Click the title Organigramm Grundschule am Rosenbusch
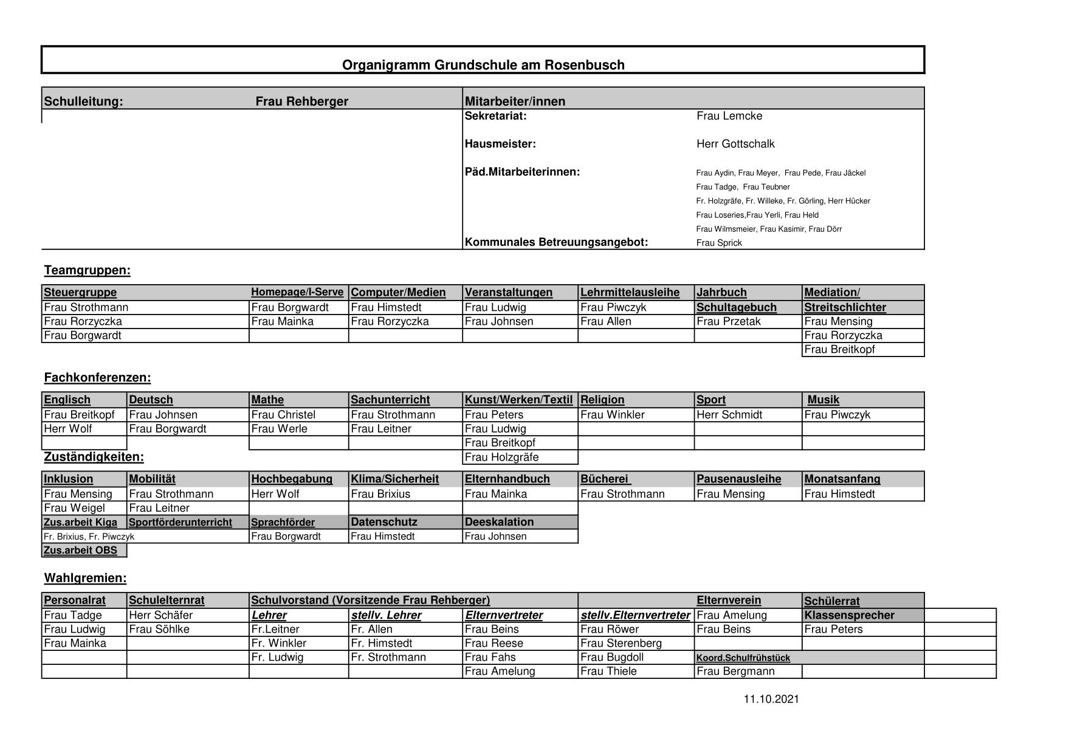click(x=483, y=65)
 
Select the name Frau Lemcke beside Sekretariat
click(x=729, y=116)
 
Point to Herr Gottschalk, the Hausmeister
click(x=735, y=144)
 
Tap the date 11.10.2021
click(x=771, y=700)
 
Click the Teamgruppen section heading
click(x=87, y=271)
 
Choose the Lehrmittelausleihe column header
click(x=630, y=293)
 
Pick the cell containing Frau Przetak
click(x=728, y=322)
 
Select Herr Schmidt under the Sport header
click(x=729, y=415)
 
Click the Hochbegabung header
click(x=292, y=479)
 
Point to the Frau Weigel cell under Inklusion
click(x=74, y=508)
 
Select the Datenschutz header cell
click(x=384, y=522)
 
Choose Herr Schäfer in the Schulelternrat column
click(x=160, y=616)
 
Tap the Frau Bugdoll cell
click(x=611, y=658)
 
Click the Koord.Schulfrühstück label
click(x=743, y=658)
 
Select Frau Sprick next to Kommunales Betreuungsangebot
click(x=719, y=243)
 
